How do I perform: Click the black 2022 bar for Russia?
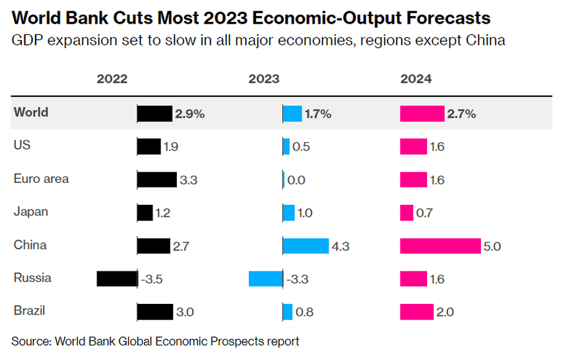[x=116, y=279]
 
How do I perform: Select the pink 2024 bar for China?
[x=440, y=246]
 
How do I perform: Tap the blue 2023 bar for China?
[x=306, y=246]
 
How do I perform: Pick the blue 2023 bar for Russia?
[x=265, y=279]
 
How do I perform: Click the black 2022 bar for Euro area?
[x=156, y=179]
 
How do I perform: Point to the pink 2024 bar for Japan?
[x=407, y=213]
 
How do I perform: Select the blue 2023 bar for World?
[x=292, y=114]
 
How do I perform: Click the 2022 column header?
[x=112, y=79]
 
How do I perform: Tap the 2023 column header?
[x=264, y=79]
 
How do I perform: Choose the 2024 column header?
[x=416, y=79]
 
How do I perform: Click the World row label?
[x=31, y=112]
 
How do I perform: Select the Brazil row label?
[x=30, y=310]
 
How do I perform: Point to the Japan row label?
[x=30, y=212]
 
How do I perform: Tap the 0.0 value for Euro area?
[x=297, y=180]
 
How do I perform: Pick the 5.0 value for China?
[x=492, y=246]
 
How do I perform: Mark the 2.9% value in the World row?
[x=189, y=114]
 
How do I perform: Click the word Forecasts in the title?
[x=433, y=17]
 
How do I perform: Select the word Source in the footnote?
[x=30, y=342]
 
